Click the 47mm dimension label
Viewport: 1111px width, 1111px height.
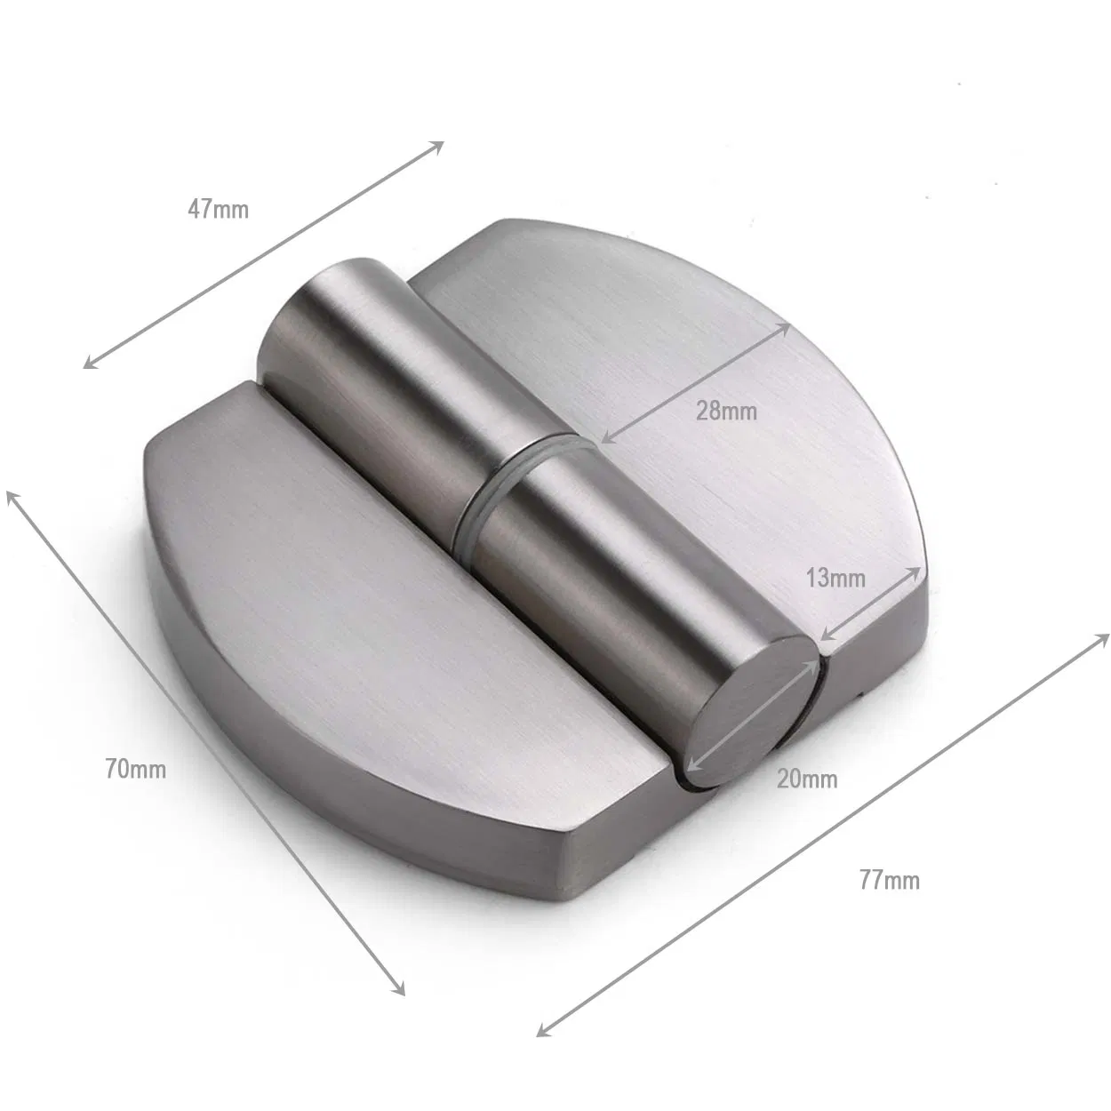[218, 210]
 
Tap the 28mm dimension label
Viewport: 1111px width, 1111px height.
[726, 411]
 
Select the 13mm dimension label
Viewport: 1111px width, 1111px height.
[835, 578]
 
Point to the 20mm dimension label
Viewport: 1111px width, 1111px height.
[806, 779]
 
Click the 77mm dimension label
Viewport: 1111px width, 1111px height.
[889, 880]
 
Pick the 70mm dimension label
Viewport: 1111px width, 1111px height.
[135, 769]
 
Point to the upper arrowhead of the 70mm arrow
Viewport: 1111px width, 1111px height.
[12, 495]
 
